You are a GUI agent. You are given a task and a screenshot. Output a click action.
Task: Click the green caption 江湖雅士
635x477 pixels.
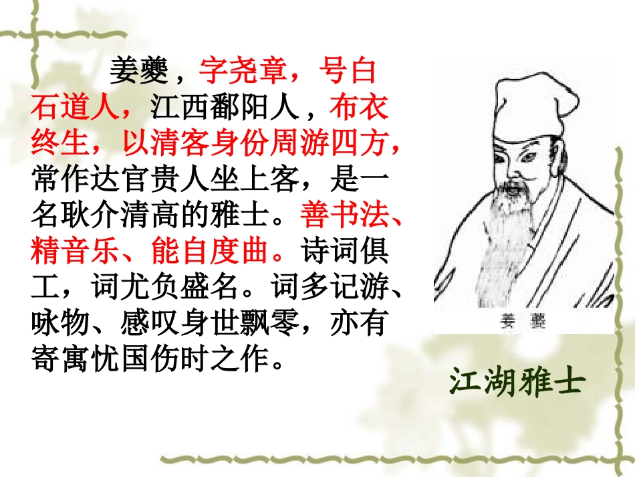pos(517,381)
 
